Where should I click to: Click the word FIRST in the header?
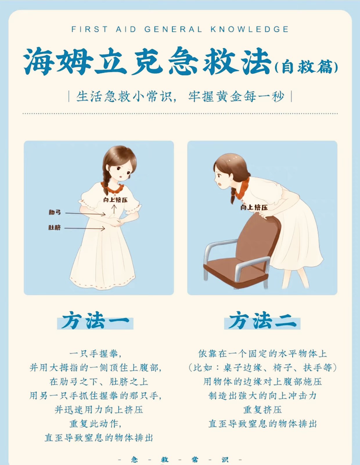pos(89,29)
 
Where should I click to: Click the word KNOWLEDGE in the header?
pos(250,29)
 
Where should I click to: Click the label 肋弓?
pos(55,212)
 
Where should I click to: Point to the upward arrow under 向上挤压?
pos(114,209)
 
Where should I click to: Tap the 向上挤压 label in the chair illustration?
pos(254,207)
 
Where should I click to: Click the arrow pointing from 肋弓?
pos(85,214)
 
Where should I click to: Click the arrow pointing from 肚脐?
pos(84,228)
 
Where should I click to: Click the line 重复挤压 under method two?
pos(262,410)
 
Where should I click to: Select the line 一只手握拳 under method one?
pos(96,354)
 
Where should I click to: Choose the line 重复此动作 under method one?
pos(96,424)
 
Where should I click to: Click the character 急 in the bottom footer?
pos(134,459)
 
